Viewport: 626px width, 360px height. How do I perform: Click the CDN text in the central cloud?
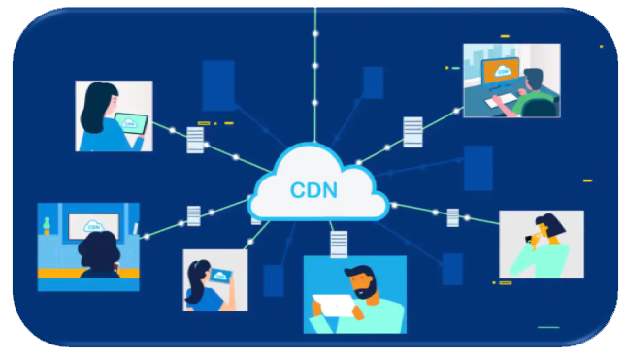tap(313, 190)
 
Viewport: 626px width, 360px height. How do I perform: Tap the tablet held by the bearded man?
tap(334, 306)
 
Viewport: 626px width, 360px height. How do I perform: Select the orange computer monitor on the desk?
tap(501, 72)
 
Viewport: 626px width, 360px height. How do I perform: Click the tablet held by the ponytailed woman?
tap(220, 276)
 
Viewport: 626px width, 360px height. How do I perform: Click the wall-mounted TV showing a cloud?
tap(94, 226)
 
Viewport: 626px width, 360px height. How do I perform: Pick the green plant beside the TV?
tap(47, 225)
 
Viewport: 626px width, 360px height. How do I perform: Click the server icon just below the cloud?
tap(339, 244)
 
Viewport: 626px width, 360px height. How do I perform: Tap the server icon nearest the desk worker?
tap(412, 132)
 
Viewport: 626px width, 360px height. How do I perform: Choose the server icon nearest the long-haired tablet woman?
tap(195, 140)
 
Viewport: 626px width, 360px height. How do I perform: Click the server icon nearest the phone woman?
tap(452, 217)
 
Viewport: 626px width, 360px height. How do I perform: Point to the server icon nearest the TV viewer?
tap(194, 216)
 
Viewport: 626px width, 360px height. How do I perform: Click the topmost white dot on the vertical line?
tap(315, 34)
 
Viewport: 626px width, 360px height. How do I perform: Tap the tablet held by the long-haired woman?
tap(131, 124)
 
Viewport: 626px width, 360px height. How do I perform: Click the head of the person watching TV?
tap(99, 250)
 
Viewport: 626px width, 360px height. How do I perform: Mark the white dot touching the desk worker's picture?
tap(457, 111)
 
